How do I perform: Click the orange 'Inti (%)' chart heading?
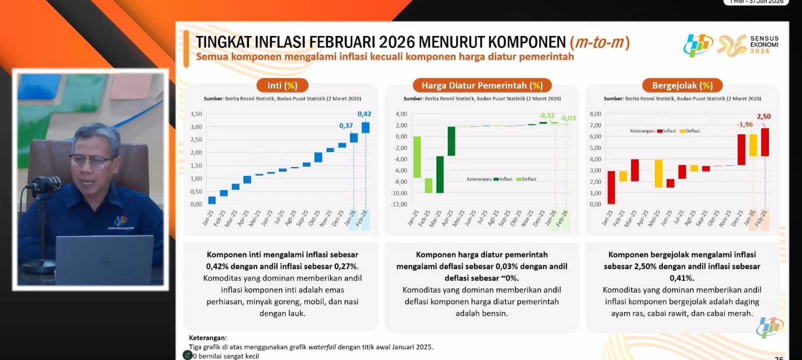click(x=282, y=85)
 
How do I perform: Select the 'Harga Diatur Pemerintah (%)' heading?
click(x=481, y=85)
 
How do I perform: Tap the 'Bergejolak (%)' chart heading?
click(x=682, y=85)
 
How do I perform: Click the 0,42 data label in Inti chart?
click(x=364, y=114)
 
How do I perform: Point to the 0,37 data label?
click(x=346, y=125)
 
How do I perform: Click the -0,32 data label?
click(x=546, y=115)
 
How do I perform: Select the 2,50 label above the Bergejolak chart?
click(x=763, y=116)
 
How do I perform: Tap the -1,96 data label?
click(x=744, y=124)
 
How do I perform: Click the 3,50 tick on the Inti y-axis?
click(x=196, y=114)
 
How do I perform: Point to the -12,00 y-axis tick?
click(x=398, y=204)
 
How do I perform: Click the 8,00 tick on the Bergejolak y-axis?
click(x=595, y=114)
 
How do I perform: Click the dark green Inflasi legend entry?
click(x=502, y=179)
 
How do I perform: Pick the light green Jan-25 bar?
click(x=417, y=157)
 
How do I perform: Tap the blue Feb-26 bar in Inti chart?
click(x=365, y=127)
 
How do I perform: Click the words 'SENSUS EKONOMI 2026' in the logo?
click(x=764, y=44)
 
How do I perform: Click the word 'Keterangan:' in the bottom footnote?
click(x=207, y=338)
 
